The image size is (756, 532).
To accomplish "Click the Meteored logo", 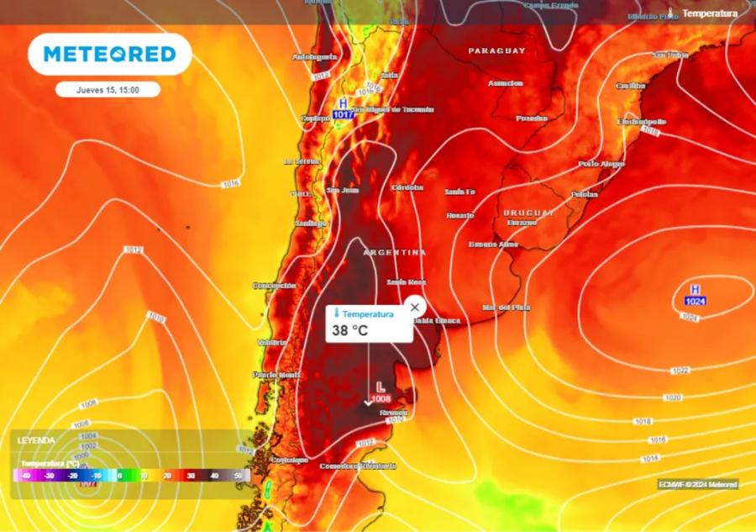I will tap(110, 55).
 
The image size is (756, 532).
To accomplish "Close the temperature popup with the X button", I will tap(414, 307).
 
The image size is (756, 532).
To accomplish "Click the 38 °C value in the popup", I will tap(350, 330).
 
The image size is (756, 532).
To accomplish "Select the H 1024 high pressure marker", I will tap(695, 295).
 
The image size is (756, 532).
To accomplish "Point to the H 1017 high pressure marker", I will tap(343, 108).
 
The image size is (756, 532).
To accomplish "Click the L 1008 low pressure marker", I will tap(381, 392).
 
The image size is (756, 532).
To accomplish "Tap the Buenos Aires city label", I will tap(493, 245).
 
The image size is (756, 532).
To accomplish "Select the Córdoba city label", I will tap(407, 187).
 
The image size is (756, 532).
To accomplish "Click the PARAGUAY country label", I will tap(496, 51).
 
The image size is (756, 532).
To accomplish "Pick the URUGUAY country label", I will tap(529, 213).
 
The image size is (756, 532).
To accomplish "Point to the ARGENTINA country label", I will tap(395, 252).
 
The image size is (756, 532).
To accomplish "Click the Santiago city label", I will tap(310, 224).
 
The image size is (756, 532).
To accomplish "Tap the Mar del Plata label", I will tap(507, 308).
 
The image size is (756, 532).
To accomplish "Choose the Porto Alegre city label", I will tap(601, 164).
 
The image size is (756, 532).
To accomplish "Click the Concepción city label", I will tap(275, 286).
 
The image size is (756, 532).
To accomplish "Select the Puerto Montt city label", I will tap(276, 375).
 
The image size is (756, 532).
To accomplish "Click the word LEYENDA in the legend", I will tap(37, 440).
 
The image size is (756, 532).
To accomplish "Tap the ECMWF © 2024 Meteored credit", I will tap(697, 484).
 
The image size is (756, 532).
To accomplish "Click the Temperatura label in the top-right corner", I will tap(710, 13).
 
